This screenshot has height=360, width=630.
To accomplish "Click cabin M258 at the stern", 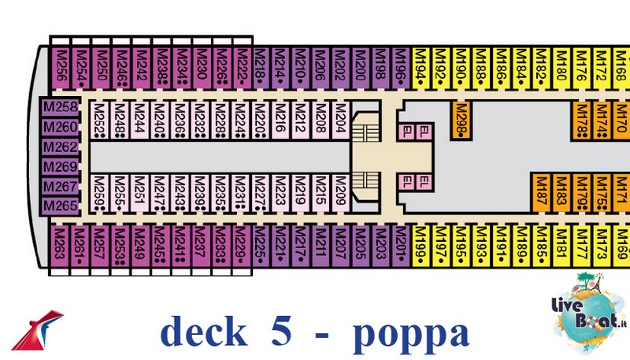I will coord(60,107).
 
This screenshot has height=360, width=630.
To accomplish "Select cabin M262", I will coord(60,147).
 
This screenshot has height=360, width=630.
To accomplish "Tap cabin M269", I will coord(60,167).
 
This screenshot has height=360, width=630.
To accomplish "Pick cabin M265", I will coord(60,206).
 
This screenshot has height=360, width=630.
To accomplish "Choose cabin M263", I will coord(61,246).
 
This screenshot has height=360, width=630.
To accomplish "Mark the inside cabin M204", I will coord(341,120).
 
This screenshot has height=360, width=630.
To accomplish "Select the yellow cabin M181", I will coord(561,246).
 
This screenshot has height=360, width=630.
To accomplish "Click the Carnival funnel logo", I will coord(40,332).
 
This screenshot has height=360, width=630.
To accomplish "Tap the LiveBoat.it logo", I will coord(584,307).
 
